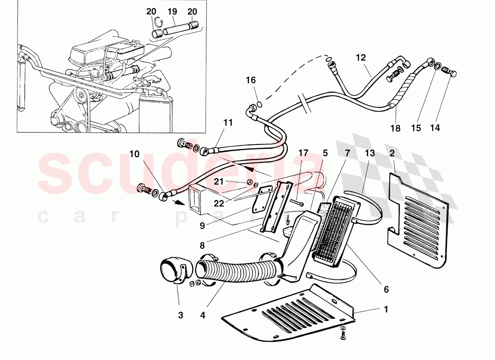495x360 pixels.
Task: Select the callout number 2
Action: (392, 153)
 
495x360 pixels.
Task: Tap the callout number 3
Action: (180, 315)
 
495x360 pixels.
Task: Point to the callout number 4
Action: (203, 315)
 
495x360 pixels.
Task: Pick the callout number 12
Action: (361, 58)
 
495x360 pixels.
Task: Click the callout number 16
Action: (251, 80)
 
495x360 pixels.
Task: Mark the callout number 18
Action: (395, 128)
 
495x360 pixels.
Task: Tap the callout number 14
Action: (434, 128)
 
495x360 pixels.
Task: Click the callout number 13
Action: (369, 153)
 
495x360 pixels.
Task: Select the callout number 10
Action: (135, 154)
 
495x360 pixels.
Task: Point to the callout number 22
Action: (219, 203)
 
